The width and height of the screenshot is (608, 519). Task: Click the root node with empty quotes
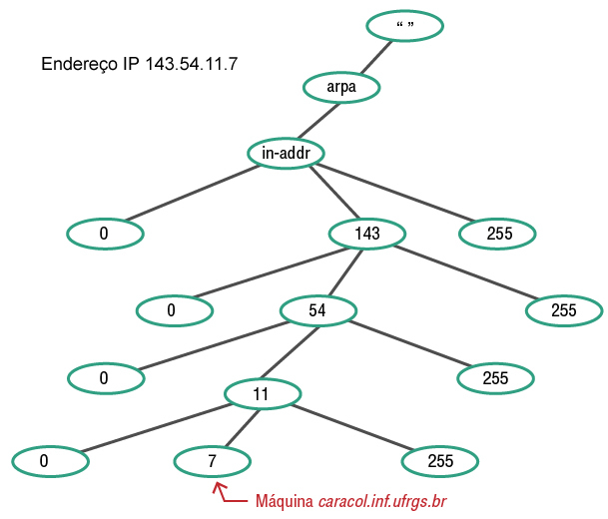(404, 26)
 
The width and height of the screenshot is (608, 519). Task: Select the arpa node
(341, 88)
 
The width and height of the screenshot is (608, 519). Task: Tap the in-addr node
(286, 154)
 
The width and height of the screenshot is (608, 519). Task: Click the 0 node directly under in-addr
(105, 234)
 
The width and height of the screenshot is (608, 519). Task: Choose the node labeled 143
(367, 234)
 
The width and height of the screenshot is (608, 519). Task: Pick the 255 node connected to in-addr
(498, 234)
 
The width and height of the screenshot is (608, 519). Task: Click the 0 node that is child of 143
(174, 310)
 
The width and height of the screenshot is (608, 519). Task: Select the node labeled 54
(317, 310)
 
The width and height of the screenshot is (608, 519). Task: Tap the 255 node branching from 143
(564, 310)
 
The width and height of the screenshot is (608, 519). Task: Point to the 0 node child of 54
(105, 378)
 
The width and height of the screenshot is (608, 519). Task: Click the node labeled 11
(262, 394)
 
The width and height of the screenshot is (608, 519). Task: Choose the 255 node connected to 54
(495, 378)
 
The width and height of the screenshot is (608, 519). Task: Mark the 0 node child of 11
(50, 461)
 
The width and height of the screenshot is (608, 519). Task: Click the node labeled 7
(212, 461)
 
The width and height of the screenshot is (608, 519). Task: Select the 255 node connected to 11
(439, 461)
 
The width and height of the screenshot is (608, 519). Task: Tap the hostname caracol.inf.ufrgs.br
(381, 500)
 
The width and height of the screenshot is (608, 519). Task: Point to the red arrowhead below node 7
(216, 486)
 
